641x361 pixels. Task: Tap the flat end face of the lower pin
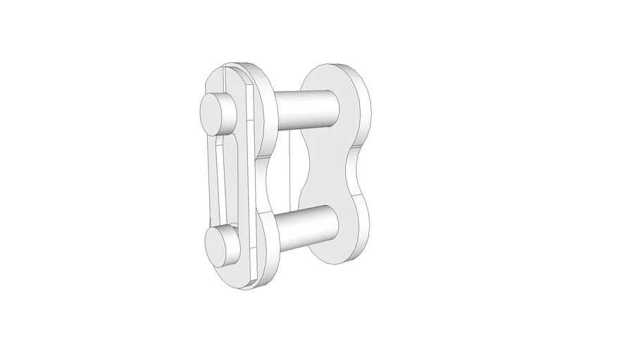point(214,243)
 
